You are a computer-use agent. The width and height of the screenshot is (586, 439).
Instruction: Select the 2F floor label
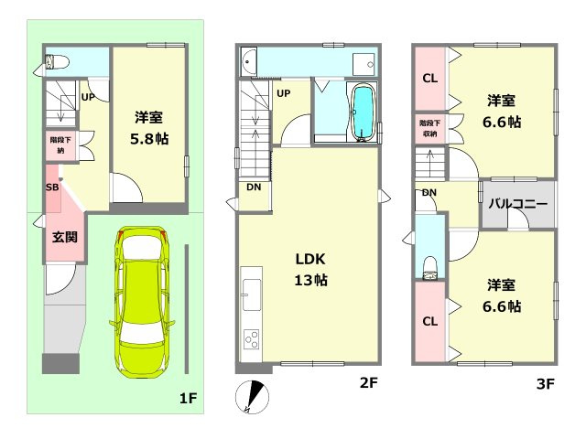[368, 384]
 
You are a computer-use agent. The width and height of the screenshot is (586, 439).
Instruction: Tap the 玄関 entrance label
[64, 238]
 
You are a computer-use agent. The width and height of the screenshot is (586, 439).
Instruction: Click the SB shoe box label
[52, 187]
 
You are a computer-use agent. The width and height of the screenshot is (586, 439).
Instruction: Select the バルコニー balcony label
[517, 204]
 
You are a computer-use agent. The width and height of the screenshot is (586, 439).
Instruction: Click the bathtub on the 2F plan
[364, 113]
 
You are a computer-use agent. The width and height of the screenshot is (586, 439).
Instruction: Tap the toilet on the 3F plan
[429, 264]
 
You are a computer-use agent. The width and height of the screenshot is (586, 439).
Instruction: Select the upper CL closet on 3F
[429, 79]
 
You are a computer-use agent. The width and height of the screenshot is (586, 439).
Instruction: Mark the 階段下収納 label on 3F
[429, 127]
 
